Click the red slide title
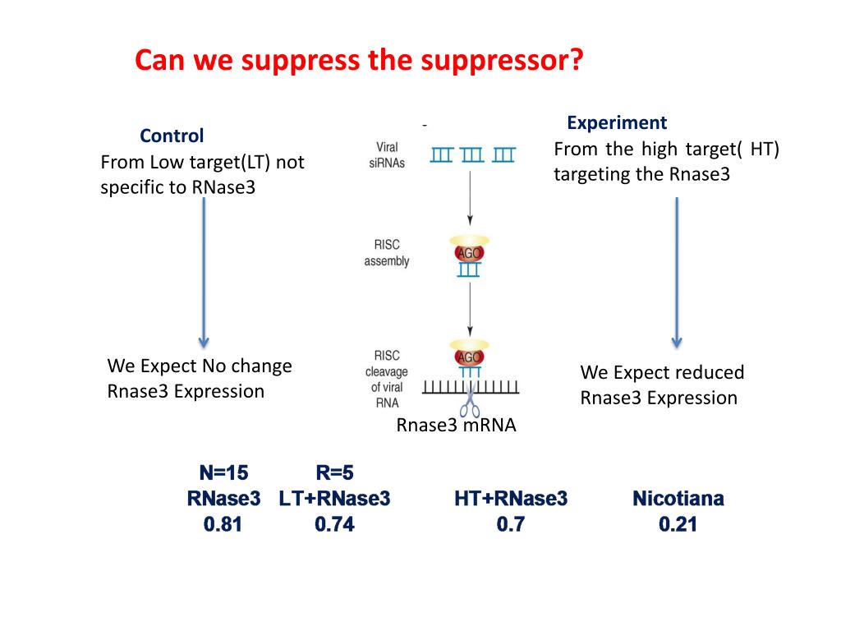pos(357,60)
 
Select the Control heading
pos(172,136)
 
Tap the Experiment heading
pos(617,123)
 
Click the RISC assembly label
pos(386,253)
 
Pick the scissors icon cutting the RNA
pos(470,404)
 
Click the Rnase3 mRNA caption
pos(456,425)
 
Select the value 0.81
pos(223,524)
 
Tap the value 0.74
pos(334,524)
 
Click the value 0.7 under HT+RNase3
pos(510,524)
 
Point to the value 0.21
pos(678,524)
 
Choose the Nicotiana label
pos(678,499)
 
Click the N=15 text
pos(223,472)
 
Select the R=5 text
pos(334,472)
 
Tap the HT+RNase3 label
pos(510,499)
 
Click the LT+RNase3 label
pos(334,499)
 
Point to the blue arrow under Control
pos(204,271)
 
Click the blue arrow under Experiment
pos(677,271)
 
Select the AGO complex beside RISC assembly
pos(468,252)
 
